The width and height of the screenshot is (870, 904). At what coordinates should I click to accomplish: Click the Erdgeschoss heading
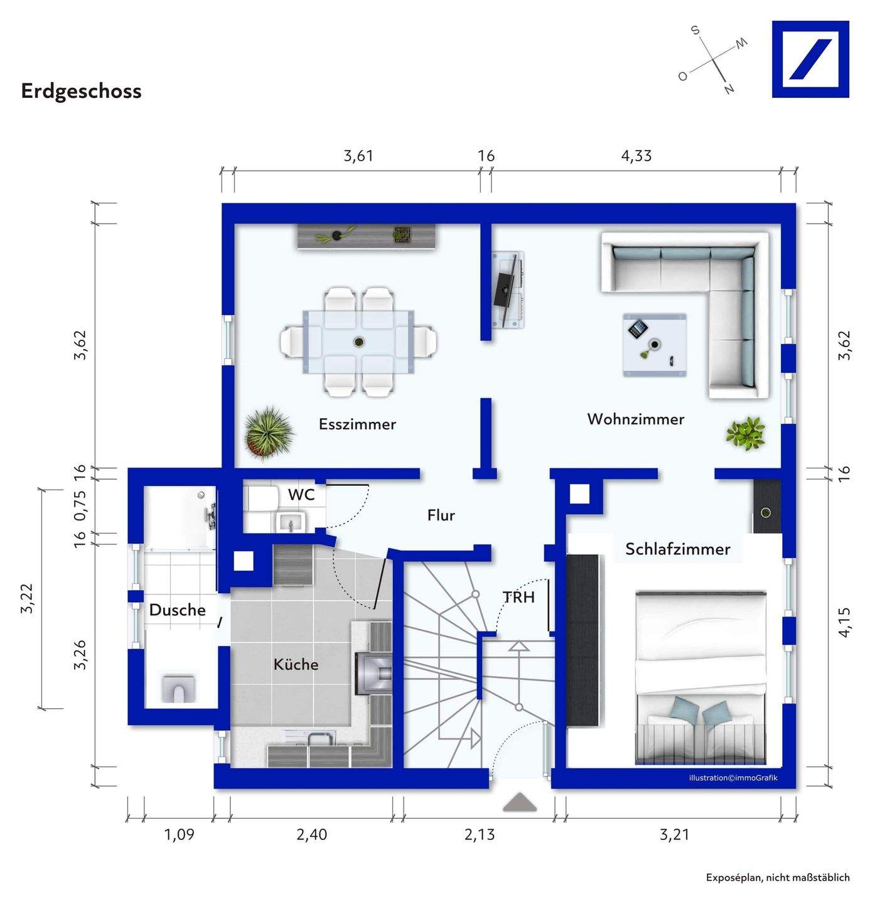(82, 91)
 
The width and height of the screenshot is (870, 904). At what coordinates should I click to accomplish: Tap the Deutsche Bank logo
(810, 59)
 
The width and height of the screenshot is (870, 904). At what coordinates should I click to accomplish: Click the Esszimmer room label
(357, 424)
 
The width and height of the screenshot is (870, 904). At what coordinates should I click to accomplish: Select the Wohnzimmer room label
(635, 419)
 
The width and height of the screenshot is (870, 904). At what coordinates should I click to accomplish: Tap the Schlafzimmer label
(677, 549)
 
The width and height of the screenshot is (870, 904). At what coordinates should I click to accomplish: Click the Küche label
(296, 664)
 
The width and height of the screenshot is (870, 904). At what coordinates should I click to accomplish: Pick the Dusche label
(177, 610)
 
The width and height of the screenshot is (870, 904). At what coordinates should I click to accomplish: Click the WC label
(301, 495)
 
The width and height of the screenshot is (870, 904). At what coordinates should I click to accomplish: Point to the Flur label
(441, 515)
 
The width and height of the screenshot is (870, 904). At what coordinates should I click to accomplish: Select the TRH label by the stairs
(518, 597)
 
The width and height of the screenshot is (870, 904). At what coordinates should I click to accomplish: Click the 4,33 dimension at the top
(636, 156)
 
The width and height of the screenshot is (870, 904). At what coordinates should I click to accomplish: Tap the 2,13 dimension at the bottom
(480, 835)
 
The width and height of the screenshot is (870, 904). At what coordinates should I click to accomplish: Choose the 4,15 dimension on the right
(844, 622)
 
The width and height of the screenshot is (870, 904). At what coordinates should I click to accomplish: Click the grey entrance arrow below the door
(519, 802)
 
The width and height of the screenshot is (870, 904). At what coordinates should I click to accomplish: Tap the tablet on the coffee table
(638, 328)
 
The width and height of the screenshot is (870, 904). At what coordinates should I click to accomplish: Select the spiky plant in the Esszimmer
(269, 431)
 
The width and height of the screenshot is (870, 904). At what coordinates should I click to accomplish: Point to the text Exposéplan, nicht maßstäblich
(778, 878)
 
